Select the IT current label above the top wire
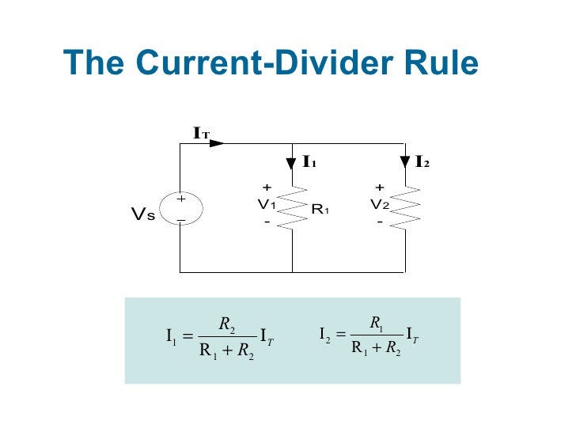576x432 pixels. point(201,134)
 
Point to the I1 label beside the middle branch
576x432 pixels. point(309,163)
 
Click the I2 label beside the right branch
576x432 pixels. point(423,163)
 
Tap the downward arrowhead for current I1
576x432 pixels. point(292,163)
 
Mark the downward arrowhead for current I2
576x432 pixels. point(405,163)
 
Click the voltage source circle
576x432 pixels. point(180,209)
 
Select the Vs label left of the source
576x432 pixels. point(142,214)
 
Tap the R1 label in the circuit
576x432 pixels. point(320,210)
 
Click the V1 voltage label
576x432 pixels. point(267,204)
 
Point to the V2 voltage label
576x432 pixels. point(380,204)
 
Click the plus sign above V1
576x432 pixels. point(267,188)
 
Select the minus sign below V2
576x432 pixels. point(380,222)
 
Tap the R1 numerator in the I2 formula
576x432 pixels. point(376,322)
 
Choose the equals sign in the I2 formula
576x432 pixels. point(341,335)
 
